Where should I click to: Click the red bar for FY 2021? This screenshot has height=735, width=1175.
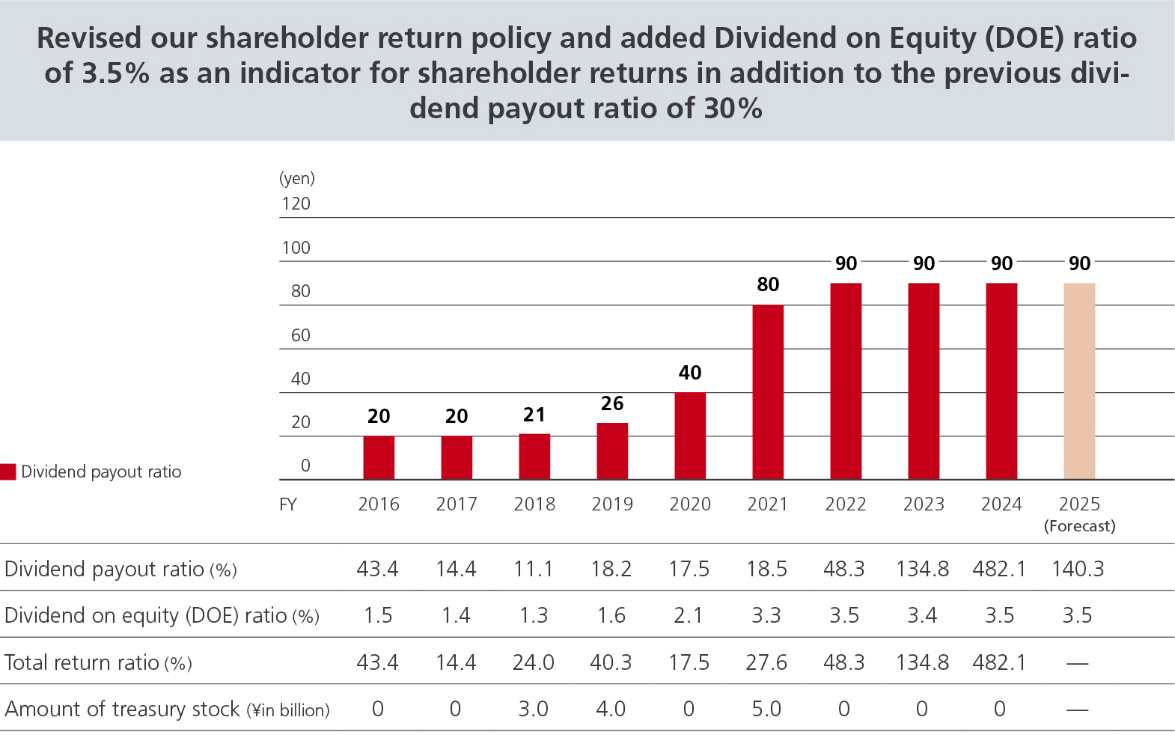768,391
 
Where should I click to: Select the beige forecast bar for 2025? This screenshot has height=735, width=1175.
1079,381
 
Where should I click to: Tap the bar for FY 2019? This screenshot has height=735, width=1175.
612,451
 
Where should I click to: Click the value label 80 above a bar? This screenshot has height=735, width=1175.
768,284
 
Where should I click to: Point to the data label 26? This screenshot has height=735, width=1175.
612,403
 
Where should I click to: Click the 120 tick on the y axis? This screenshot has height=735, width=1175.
296,204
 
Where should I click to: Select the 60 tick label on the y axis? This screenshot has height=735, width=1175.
300,335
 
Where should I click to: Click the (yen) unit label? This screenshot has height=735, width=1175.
297,178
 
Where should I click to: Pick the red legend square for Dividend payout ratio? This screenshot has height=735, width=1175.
8,472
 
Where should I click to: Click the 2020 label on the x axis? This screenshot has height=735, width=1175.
690,504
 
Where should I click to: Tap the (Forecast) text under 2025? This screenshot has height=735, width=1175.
1079,526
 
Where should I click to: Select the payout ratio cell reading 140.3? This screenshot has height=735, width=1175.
1078,569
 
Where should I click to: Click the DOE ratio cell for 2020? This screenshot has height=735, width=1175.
689,615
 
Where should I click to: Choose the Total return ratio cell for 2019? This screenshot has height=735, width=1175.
611,662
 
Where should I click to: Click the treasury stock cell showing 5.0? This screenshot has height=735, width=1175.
766,709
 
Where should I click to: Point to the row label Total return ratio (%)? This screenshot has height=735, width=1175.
98,662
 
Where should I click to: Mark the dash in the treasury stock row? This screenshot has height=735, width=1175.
1077,710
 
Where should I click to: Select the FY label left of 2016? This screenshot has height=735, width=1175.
288,504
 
